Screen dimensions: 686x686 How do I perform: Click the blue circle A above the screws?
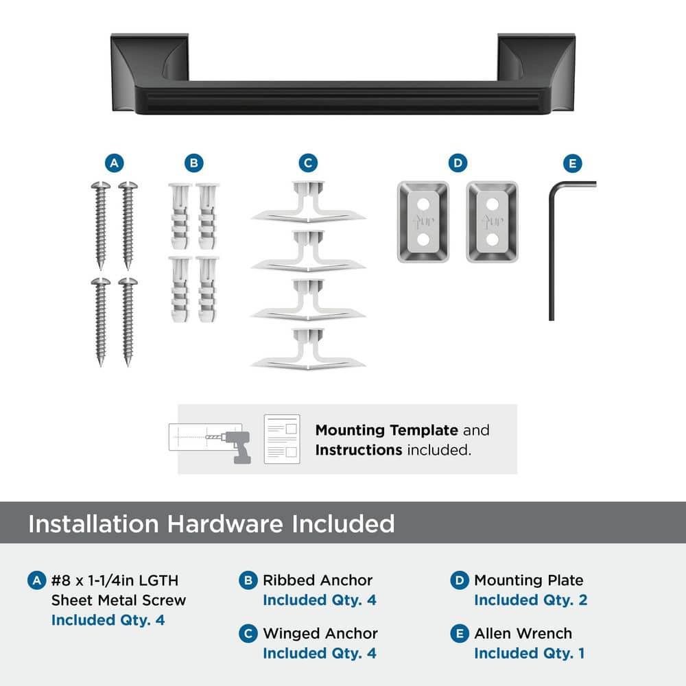[114, 163]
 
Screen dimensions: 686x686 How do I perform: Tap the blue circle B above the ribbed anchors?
[194, 163]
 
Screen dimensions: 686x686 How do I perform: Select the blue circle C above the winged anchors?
[308, 163]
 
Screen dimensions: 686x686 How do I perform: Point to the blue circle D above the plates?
[458, 163]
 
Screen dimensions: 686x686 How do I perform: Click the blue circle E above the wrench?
[573, 164]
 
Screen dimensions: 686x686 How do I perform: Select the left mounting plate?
[423, 222]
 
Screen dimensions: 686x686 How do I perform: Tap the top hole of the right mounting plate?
[492, 204]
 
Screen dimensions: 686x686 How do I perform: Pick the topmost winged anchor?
[309, 202]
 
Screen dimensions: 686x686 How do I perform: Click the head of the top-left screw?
[101, 185]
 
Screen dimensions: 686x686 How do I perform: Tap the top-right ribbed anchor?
[207, 216]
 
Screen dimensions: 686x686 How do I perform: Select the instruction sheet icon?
[282, 439]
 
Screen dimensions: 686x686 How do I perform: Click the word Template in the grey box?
[424, 431]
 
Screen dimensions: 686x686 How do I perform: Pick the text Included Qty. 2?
[531, 600]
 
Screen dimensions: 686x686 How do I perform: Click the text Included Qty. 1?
[530, 653]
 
